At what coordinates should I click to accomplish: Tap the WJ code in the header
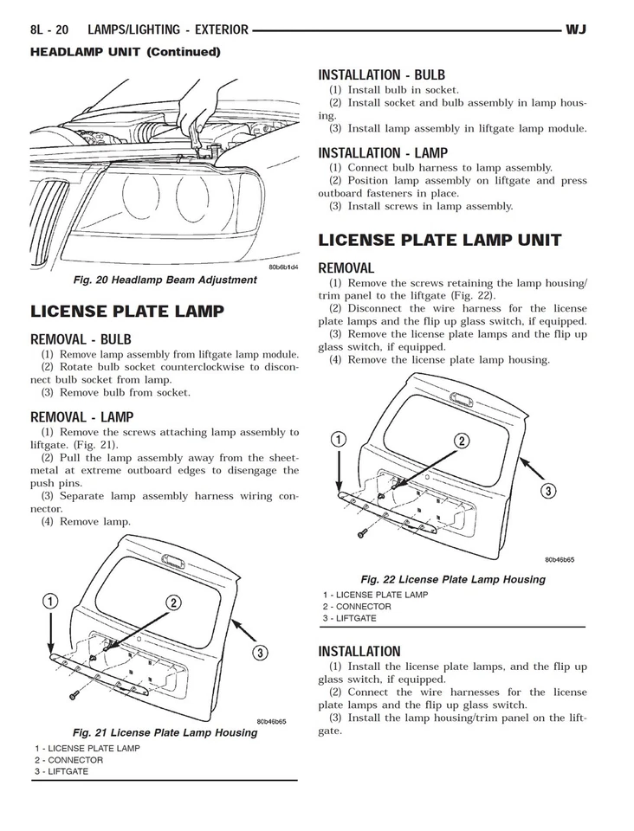pos(576,30)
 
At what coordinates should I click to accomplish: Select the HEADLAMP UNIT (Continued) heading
pos(125,52)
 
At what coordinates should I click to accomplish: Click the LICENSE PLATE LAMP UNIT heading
pos(440,240)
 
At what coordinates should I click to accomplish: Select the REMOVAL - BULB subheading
pos(81,339)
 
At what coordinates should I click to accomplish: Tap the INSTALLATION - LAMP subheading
pos(383,153)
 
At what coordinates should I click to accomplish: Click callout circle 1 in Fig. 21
pos(51,602)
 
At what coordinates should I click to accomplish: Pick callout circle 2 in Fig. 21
pos(173,602)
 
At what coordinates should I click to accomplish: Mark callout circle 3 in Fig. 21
pos(259,652)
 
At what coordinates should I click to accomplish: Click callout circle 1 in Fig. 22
pos(340,439)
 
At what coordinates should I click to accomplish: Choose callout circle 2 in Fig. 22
pos(462,441)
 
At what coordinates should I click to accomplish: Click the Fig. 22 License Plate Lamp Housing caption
pos(452,579)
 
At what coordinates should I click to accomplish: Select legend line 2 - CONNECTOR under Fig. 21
pos(68,760)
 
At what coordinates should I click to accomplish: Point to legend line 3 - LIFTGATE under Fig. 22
pos(349,618)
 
